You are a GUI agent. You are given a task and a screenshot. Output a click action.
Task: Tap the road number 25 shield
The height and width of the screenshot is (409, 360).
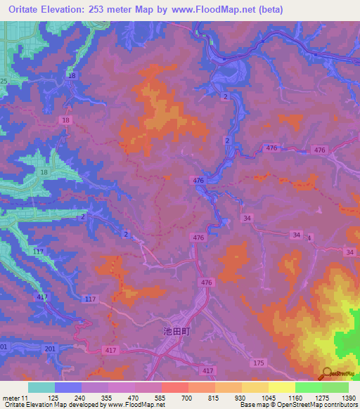click(x=4, y=82)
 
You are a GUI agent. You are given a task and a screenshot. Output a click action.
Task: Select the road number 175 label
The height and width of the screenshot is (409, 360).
click(x=259, y=363)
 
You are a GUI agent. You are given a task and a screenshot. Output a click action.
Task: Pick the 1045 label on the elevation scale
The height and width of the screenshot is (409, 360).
click(x=269, y=397)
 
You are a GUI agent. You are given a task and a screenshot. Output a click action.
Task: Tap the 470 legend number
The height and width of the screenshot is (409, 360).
click(x=133, y=397)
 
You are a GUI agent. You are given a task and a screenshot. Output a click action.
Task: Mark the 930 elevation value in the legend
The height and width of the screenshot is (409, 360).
click(x=241, y=397)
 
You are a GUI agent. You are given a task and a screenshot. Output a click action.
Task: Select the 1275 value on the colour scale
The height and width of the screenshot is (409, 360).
click(x=322, y=397)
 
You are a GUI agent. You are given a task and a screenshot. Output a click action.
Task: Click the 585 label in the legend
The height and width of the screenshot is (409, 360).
click(x=160, y=397)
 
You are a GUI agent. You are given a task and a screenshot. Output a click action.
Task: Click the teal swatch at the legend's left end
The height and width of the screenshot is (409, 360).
click(x=41, y=387)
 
